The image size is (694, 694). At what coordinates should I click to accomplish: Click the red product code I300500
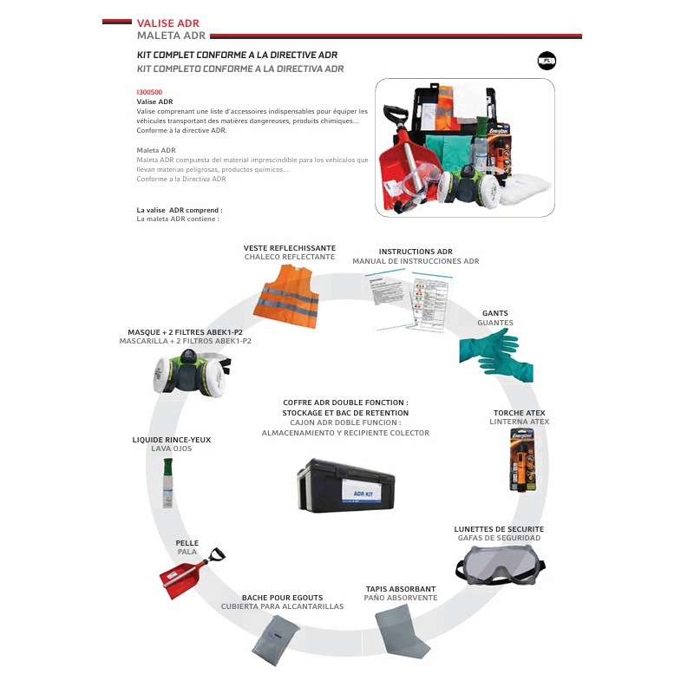[x=149, y=91]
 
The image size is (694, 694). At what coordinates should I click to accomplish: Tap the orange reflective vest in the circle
[x=286, y=291]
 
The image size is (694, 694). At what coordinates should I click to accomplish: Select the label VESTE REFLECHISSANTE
[x=290, y=248]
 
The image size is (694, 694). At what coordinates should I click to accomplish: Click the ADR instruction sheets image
[x=409, y=298]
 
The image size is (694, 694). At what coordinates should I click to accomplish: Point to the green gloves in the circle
[x=492, y=355]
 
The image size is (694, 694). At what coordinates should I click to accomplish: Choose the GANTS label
[x=495, y=313]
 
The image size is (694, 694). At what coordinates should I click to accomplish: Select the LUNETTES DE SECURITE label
[x=499, y=528]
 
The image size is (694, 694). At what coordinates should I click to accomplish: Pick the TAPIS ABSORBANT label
[x=401, y=589]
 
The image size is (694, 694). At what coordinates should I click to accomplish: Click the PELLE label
[x=187, y=543]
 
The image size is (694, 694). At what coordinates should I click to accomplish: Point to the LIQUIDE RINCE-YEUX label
[x=172, y=440]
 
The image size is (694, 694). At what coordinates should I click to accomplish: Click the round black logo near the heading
[x=547, y=61]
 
